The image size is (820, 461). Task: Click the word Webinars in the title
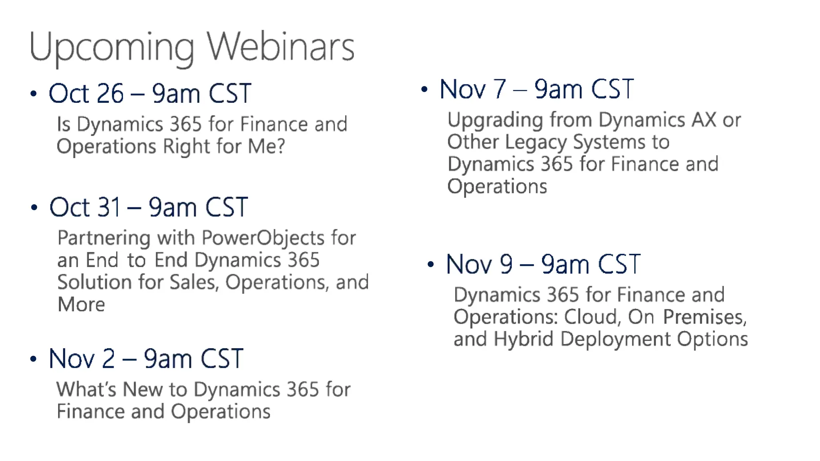280,47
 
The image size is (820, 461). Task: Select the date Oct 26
86,94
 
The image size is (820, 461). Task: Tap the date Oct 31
85,207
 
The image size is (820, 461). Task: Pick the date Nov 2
82,359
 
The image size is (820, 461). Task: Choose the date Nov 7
472,89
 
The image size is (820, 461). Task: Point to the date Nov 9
479,265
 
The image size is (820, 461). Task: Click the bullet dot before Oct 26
34,94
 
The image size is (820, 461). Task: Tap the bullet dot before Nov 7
424,90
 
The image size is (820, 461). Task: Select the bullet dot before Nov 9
431,265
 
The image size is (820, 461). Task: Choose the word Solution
94,282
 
